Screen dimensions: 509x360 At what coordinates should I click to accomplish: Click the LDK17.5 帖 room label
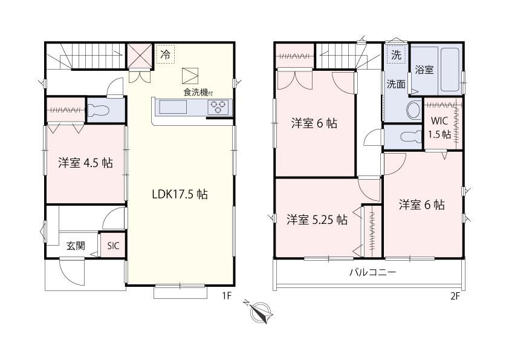pyautogui.click(x=180, y=194)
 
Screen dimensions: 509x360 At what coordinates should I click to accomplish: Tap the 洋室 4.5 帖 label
pyautogui.click(x=86, y=163)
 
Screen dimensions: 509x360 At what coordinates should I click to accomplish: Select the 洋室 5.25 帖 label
pyautogui.click(x=317, y=220)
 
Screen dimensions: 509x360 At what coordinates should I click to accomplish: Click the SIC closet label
pyautogui.click(x=113, y=246)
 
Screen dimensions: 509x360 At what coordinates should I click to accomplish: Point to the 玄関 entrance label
pyautogui.click(x=76, y=246)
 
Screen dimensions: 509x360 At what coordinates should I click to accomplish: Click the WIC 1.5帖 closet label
pyautogui.click(x=440, y=128)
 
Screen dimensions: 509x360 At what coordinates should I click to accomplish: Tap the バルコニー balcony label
pyautogui.click(x=373, y=272)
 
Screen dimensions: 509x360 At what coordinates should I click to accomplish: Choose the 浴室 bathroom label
pyautogui.click(x=424, y=70)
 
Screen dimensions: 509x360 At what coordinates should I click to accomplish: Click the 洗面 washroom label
pyautogui.click(x=396, y=84)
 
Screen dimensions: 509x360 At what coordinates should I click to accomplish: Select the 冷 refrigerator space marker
pyautogui.click(x=166, y=54)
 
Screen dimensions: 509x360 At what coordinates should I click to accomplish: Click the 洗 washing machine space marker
pyautogui.click(x=396, y=55)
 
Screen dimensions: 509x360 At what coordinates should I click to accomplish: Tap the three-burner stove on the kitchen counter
pyautogui.click(x=218, y=108)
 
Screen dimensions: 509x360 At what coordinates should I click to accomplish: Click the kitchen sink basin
pyautogui.click(x=172, y=107)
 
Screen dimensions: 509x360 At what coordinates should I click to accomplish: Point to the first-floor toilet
pyautogui.click(x=98, y=110)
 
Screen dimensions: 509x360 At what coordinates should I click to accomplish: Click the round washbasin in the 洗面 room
pyautogui.click(x=413, y=110)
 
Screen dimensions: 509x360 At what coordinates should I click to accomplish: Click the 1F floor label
pyautogui.click(x=227, y=296)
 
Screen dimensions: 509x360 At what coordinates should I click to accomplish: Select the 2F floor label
pyautogui.click(x=455, y=296)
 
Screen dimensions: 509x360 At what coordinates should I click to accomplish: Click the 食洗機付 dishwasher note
pyautogui.click(x=198, y=93)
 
